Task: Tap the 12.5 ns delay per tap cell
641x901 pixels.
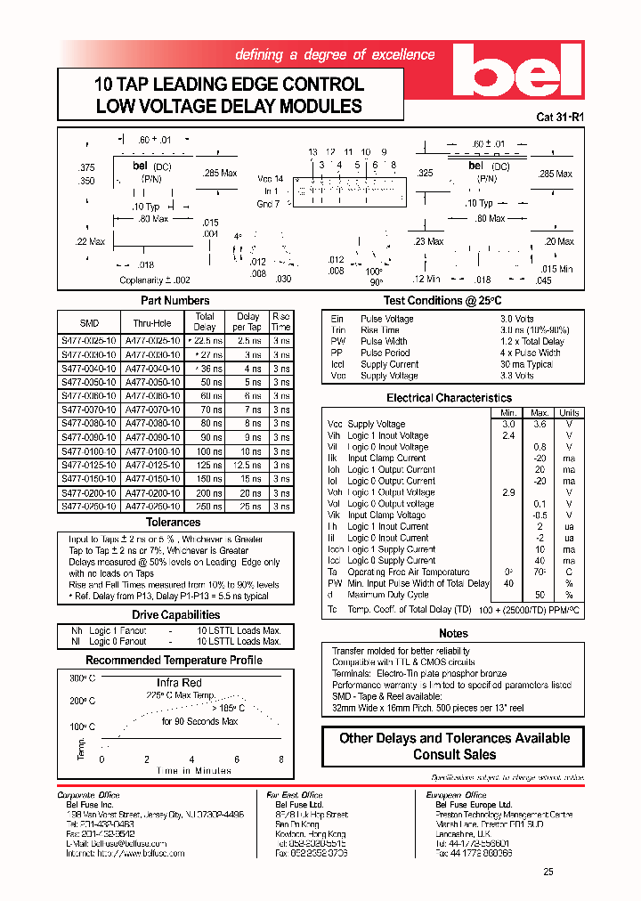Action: (247, 465)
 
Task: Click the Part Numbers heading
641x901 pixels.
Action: (174, 301)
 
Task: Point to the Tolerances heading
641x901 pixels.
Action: (174, 523)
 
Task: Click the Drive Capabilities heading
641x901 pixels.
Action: (175, 615)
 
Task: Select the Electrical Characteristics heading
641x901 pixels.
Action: (449, 398)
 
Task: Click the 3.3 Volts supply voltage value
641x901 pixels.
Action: (516, 376)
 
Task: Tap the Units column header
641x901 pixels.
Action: (568, 412)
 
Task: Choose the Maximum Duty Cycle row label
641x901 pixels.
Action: (391, 595)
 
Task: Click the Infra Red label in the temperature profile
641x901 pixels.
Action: (179, 683)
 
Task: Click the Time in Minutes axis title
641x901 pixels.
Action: (194, 770)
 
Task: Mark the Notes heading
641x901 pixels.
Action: (453, 633)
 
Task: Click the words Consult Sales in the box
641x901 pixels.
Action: (454, 754)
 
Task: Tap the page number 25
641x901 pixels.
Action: (548, 872)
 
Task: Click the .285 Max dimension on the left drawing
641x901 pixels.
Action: (219, 174)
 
